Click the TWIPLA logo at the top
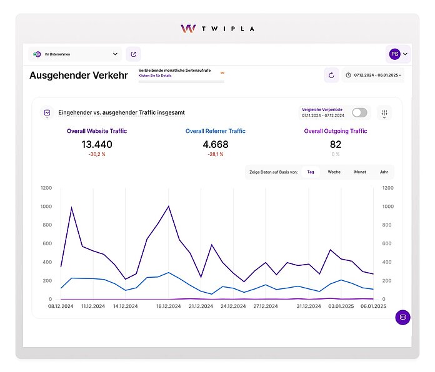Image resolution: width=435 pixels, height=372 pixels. coord(217,29)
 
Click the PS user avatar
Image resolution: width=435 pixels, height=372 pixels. coord(394,54)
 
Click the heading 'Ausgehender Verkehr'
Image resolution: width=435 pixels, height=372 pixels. coord(79,76)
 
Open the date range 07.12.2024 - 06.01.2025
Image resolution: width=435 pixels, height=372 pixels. coord(374,76)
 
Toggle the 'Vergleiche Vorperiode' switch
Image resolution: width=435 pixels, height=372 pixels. coord(359,112)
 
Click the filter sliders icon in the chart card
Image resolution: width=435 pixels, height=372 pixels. coord(384,113)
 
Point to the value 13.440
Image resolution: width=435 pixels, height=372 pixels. coord(97,145)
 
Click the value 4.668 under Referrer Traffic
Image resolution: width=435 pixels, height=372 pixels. coord(216,145)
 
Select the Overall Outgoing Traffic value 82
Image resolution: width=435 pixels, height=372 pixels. coord(336,145)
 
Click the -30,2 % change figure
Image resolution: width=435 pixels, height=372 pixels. coord(97,155)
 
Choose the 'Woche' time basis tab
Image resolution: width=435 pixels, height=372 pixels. coord(334,172)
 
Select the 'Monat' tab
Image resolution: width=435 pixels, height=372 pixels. coord(360,172)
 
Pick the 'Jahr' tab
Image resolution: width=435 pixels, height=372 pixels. coord(383,172)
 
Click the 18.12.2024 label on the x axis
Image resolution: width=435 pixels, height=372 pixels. coord(169,306)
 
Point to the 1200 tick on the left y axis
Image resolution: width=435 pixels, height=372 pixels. coord(46,187)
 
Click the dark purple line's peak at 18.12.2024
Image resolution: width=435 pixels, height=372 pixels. coord(169,207)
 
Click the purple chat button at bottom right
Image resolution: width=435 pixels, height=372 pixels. coord(402,317)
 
